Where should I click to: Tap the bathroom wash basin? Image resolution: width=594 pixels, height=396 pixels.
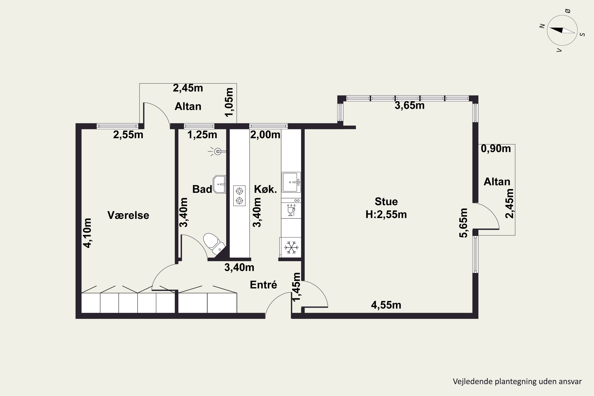click(219, 184)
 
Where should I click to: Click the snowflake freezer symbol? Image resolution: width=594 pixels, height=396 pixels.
click(291, 247)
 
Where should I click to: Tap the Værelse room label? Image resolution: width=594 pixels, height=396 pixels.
click(128, 215)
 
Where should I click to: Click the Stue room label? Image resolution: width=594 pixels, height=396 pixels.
click(386, 202)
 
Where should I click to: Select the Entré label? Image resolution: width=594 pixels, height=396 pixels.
click(263, 285)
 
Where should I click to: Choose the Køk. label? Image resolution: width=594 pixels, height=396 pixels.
click(266, 189)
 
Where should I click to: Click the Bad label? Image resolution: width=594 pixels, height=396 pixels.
click(202, 189)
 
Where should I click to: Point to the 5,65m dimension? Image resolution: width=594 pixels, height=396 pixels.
click(464, 223)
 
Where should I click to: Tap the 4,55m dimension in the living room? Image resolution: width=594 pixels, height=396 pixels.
click(386, 305)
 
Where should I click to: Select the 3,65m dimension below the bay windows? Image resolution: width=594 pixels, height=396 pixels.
click(410, 105)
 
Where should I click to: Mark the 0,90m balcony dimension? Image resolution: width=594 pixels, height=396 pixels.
click(496, 148)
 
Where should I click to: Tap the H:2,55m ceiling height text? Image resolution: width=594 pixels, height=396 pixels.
click(386, 214)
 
